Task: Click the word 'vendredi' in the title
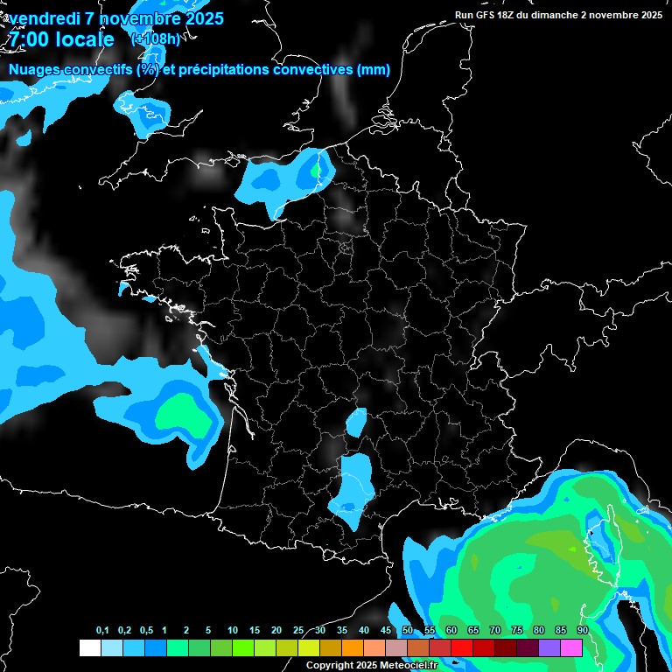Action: tap(43, 18)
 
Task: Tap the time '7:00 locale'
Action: tap(61, 40)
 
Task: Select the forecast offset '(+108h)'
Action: tap(155, 38)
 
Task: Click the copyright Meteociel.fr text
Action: tap(371, 665)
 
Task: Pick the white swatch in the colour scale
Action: tap(89, 647)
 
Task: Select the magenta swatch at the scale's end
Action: tap(571, 647)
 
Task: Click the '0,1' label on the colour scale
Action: tap(101, 631)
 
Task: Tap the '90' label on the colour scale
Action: tap(582, 631)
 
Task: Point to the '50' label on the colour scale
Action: tap(408, 631)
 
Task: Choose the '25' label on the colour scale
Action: tap(298, 631)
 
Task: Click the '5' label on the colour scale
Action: tap(208, 631)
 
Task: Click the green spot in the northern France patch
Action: tap(316, 171)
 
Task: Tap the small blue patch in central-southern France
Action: tap(356, 422)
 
